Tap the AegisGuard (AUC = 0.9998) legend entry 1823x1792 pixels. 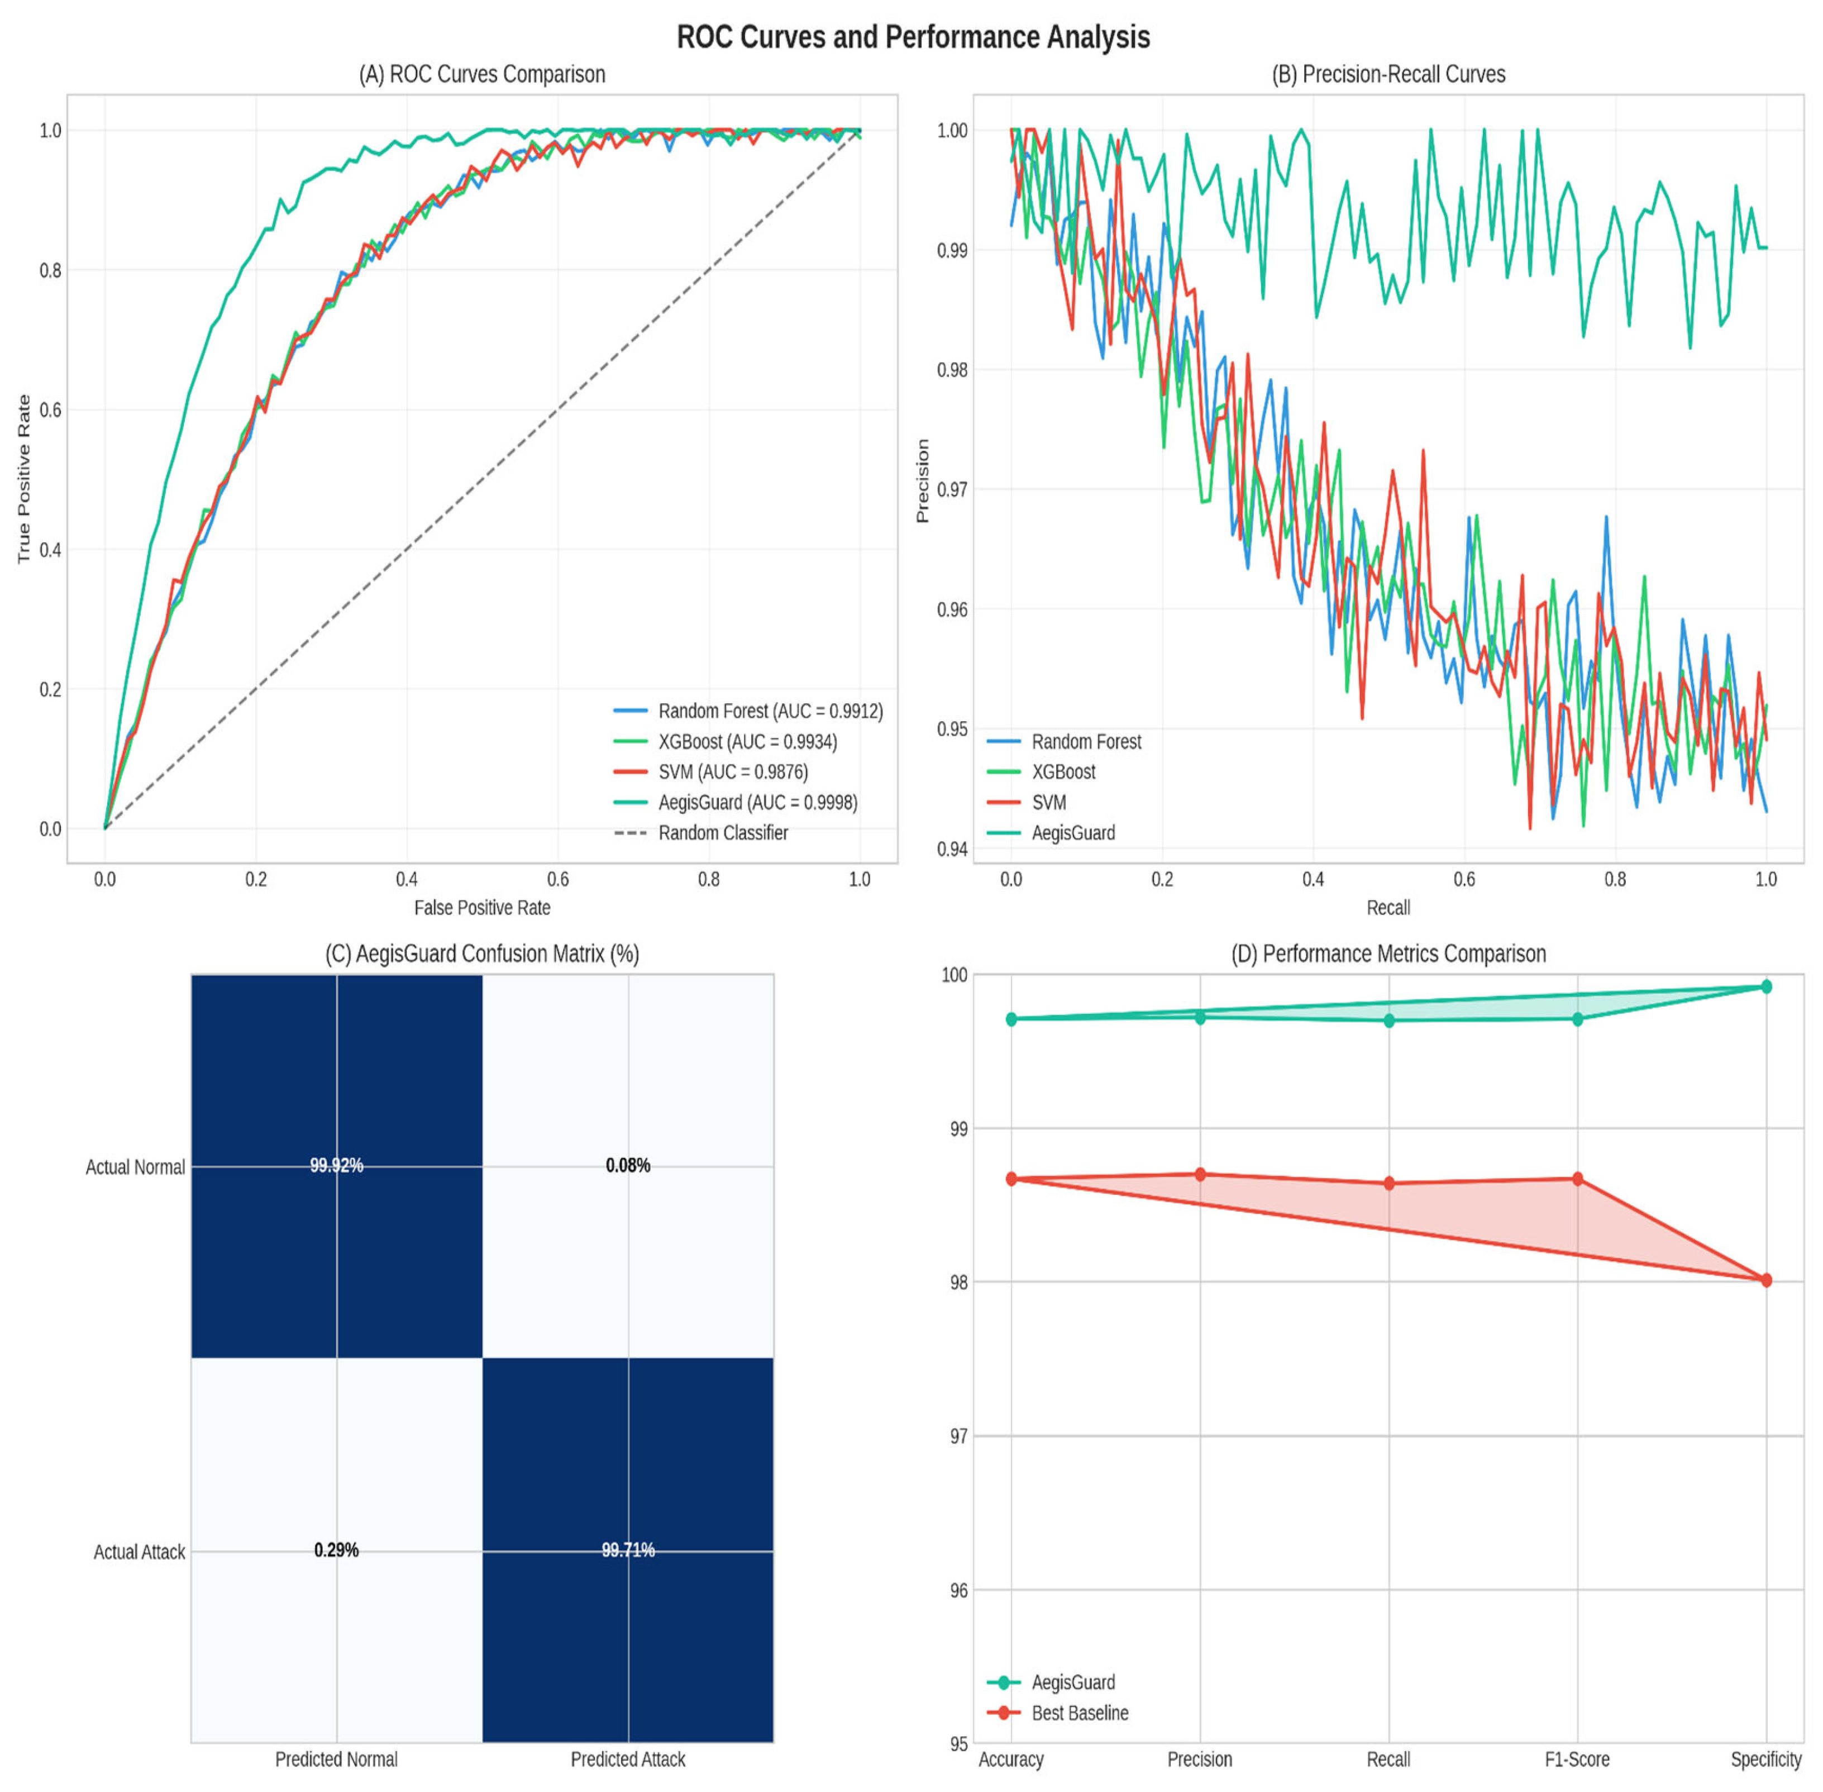[x=757, y=803]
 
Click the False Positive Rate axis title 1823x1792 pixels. [x=482, y=907]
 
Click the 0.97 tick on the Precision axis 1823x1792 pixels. [x=952, y=489]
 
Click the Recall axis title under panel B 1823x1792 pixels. [x=1387, y=907]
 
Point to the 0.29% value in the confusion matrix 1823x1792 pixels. [x=336, y=1550]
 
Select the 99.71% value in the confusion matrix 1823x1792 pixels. [x=628, y=1550]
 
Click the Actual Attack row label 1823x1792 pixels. [x=139, y=1552]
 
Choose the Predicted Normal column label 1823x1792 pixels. [x=336, y=1759]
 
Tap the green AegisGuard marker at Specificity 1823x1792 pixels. [x=1765, y=986]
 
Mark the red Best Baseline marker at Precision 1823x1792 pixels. [x=1200, y=1175]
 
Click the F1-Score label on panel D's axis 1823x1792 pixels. [x=1577, y=1759]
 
